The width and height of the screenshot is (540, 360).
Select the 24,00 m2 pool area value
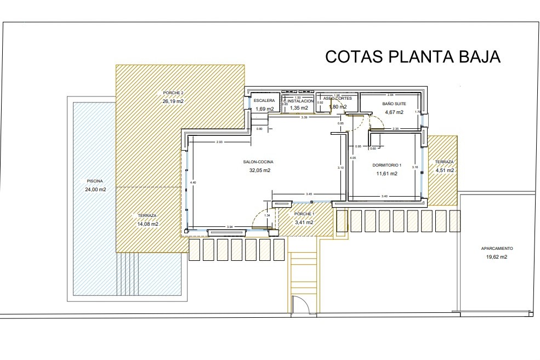click(x=95, y=190)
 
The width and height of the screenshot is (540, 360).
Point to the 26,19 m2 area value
click(x=173, y=101)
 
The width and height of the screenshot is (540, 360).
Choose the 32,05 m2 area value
click(x=259, y=170)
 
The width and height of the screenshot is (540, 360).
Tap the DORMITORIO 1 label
click(x=387, y=165)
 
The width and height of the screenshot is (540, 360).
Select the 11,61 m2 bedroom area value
click(x=386, y=174)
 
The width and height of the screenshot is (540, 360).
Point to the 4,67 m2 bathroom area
click(x=394, y=112)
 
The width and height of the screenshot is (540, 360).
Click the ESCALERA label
click(x=264, y=101)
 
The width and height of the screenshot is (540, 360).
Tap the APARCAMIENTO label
click(x=497, y=248)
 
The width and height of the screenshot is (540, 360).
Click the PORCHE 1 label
click(x=304, y=214)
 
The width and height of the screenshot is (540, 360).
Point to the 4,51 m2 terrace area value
click(x=445, y=170)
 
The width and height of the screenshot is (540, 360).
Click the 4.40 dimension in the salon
click(x=192, y=182)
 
